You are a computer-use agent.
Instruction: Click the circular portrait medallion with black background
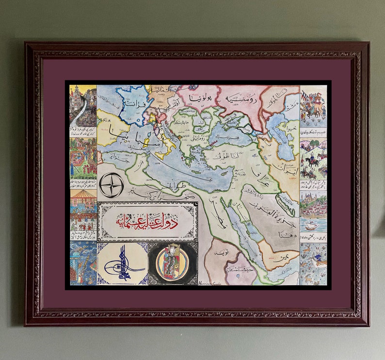[173, 263]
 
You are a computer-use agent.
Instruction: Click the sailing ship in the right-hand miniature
[310, 225]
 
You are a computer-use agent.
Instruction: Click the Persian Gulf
[286, 204]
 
